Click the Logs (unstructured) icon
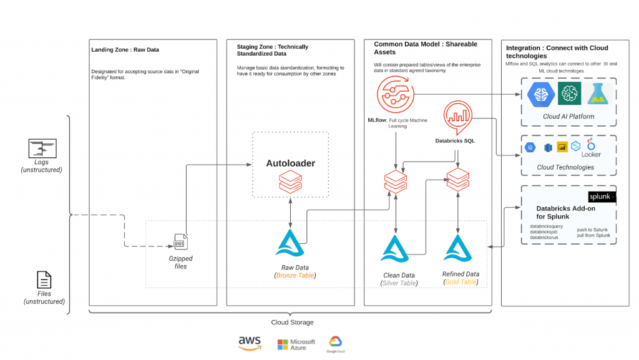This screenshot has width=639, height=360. pyautogui.click(x=42, y=148)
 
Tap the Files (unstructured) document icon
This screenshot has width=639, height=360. pyautogui.click(x=44, y=280)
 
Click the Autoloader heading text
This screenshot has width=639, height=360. pyautogui.click(x=290, y=163)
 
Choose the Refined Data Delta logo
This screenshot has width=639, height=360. pyautogui.click(x=461, y=248)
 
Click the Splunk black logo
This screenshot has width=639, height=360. pyautogui.click(x=602, y=197)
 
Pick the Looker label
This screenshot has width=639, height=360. pyautogui.click(x=591, y=153)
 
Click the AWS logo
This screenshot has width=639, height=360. pyautogui.click(x=250, y=343)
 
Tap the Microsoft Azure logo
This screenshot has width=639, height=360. pyautogui.click(x=296, y=344)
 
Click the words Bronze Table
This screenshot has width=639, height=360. pyautogui.click(x=296, y=275)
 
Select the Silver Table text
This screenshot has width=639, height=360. pyautogui.click(x=399, y=283)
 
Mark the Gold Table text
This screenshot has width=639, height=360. pyautogui.click(x=461, y=282)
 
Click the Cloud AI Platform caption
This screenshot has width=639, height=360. pyautogui.click(x=568, y=116)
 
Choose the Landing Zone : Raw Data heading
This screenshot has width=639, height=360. pyautogui.click(x=125, y=50)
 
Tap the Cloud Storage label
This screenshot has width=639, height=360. pyautogui.click(x=292, y=322)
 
